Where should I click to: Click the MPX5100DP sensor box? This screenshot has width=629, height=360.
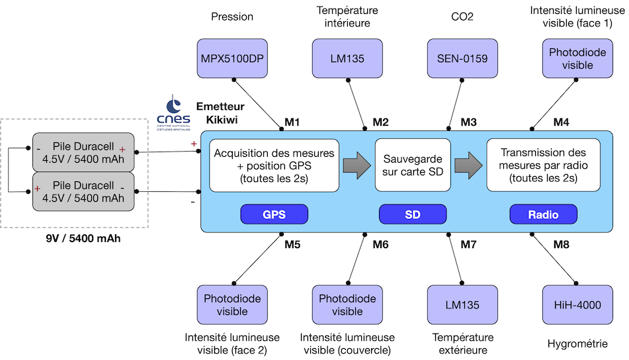coord(232,59)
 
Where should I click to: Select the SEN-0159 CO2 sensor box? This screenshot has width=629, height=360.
coord(462,59)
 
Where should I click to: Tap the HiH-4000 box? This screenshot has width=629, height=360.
coord(577,305)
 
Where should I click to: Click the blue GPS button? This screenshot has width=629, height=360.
coord(274,214)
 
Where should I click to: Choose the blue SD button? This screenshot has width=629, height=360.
coord(413,214)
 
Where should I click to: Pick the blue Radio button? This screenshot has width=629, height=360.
coord(544,214)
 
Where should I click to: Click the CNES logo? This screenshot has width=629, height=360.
coord(173,112)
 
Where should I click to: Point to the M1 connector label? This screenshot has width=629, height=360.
coord(292,122)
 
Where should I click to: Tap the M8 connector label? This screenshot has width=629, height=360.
coord(562,244)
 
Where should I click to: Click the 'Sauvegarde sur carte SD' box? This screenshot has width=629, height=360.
coord(413,165)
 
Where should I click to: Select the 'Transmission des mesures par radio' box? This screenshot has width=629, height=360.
coord(544,165)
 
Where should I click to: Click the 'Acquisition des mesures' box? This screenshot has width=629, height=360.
coord(274,165)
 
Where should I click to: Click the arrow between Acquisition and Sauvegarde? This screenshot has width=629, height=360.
coord(357,165)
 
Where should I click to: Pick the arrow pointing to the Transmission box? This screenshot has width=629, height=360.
coord(468,165)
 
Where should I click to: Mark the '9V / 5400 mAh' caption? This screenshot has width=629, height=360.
coord(83,238)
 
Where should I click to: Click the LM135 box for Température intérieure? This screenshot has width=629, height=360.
coord(347,59)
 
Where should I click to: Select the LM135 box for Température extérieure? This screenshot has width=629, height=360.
coord(462,305)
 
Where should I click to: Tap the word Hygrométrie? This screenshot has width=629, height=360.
coord(577,343)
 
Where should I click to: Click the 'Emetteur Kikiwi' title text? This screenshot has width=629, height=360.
coord(221,112)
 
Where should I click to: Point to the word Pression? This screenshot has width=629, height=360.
coord(232,17)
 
